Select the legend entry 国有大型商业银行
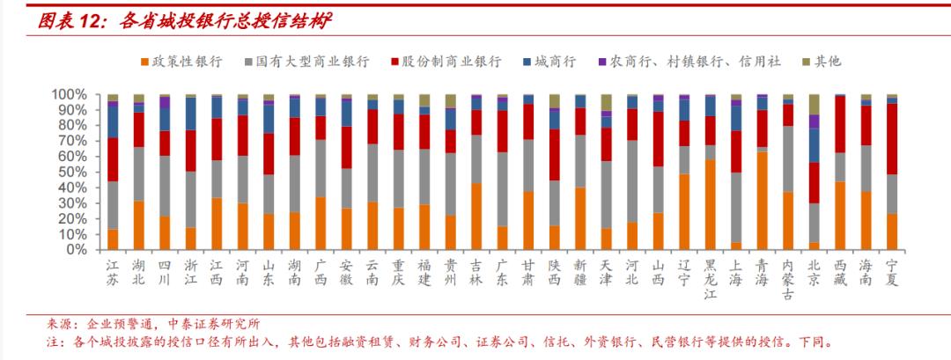313,62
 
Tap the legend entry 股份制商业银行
452,62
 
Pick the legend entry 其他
827,62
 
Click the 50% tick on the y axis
72,172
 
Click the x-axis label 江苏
113,273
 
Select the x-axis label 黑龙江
711,280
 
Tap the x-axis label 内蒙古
788,280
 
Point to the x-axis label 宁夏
892,273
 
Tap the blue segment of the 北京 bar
815,145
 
